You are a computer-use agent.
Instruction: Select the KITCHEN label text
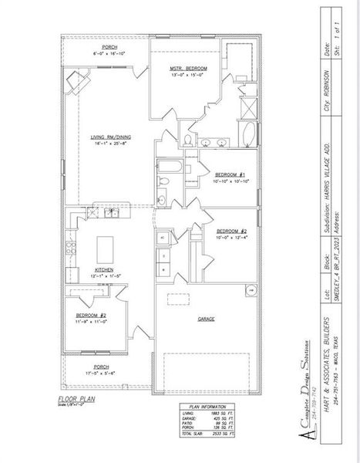point(105,269)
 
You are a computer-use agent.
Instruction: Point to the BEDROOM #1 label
point(230,175)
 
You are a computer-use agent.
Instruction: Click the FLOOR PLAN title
point(75,400)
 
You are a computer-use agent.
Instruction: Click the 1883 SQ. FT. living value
point(221,414)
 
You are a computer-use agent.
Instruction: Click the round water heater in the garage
point(251,291)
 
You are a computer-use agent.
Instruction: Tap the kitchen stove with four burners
point(72,248)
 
